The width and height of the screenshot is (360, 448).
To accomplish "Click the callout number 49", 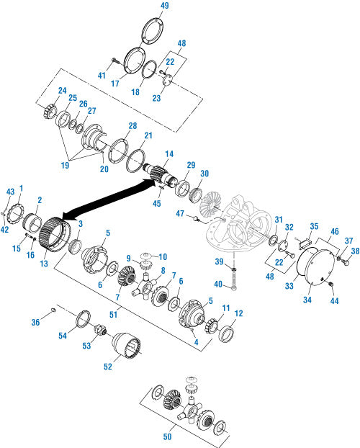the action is click(165, 6).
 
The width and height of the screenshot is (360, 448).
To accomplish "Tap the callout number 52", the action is click(108, 367).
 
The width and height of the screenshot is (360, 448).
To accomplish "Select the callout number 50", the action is click(168, 436).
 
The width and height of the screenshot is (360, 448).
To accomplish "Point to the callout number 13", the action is click(44, 264).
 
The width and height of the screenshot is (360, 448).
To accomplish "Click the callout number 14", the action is click(169, 153).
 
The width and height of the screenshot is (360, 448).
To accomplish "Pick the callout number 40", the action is click(218, 284).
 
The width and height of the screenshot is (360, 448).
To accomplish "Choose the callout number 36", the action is click(35, 322).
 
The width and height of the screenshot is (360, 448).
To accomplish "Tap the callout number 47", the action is click(180, 213).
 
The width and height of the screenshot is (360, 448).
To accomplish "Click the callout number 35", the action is click(314, 226).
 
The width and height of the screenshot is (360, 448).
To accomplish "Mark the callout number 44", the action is click(334, 301).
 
